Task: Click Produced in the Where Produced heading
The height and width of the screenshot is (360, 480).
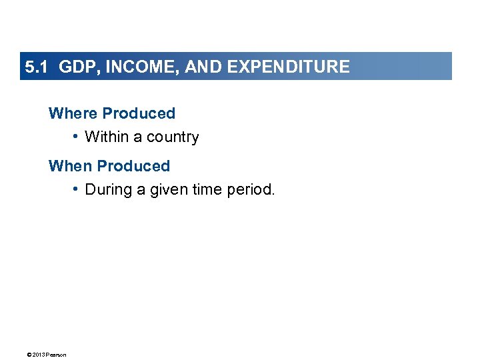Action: pos(139,113)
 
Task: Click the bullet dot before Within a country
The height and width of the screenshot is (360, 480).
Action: pos(77,137)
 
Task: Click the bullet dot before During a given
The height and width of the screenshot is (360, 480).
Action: pos(77,189)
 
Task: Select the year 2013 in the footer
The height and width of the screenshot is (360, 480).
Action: pos(37,355)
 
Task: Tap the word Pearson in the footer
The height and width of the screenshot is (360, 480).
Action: pos(56,355)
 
